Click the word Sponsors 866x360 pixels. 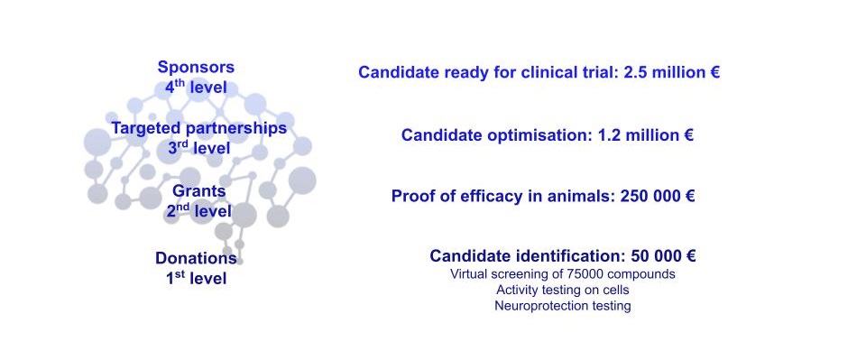pyautogui.click(x=196, y=68)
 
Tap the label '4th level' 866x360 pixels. pyautogui.click(x=196, y=88)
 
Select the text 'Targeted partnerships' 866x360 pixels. pyautogui.click(x=198, y=128)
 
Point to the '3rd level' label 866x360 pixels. pyautogui.click(x=198, y=148)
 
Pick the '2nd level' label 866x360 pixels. pyautogui.click(x=198, y=211)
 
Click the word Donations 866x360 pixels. pyautogui.click(x=196, y=258)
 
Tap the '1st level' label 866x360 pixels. pyautogui.click(x=196, y=278)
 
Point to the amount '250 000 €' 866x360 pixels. pyautogui.click(x=658, y=196)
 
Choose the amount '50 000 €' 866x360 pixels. pyautogui.click(x=662, y=256)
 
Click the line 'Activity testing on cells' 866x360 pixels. pyautogui.click(x=562, y=290)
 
